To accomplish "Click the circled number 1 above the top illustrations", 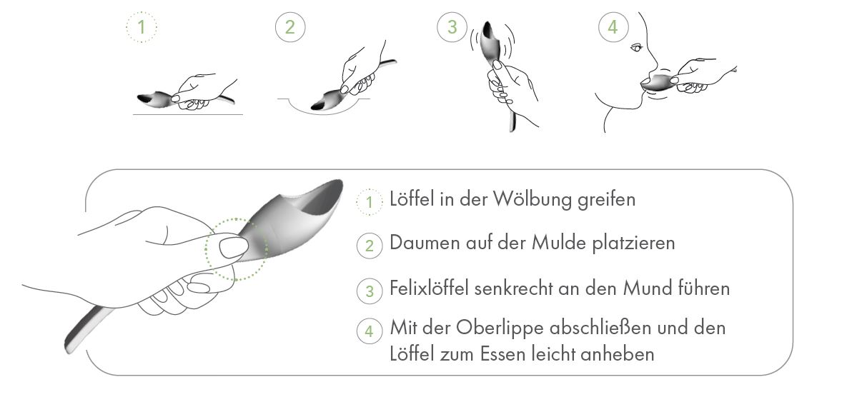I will tap(141, 28).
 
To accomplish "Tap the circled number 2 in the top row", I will tap(289, 28).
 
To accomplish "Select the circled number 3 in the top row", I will tap(452, 28).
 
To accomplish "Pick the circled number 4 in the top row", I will tap(613, 28).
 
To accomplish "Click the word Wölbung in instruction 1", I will tap(532, 199).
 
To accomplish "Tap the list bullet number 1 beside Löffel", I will tap(369, 202).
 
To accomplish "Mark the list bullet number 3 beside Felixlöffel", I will tap(369, 291).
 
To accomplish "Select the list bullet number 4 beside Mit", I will tap(369, 331).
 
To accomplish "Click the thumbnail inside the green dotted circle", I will tap(232, 248).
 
